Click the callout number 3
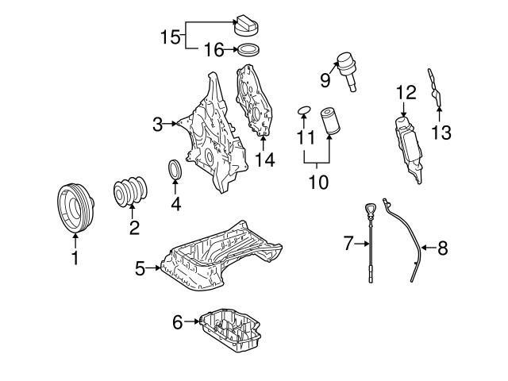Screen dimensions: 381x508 coord(157,124)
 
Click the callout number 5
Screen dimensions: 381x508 coord(140,268)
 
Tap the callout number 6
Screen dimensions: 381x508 coord(177,321)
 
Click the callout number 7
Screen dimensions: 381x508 coord(347,244)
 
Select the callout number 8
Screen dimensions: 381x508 coord(442,248)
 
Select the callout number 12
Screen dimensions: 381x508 coord(406,92)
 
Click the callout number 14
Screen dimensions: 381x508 coord(264,160)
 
